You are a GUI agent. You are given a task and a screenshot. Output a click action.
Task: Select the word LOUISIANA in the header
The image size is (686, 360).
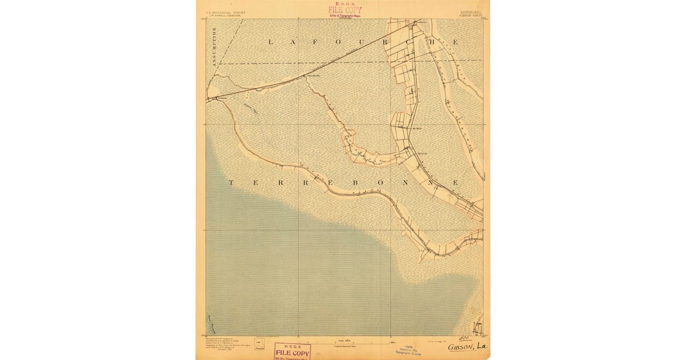[x=470, y=11]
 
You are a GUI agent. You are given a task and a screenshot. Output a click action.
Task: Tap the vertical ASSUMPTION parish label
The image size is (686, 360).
[x=215, y=48]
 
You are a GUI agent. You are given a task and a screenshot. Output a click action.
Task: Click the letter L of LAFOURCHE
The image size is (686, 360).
[x=270, y=42]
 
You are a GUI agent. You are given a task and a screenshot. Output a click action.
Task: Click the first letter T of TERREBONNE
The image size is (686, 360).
[x=231, y=182]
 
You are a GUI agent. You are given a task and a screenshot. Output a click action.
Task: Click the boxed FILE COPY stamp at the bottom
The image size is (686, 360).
[x=292, y=350]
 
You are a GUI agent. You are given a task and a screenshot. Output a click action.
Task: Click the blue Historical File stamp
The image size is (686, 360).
[x=408, y=350]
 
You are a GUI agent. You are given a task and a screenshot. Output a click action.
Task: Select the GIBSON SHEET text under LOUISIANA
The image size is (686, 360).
[x=470, y=15]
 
